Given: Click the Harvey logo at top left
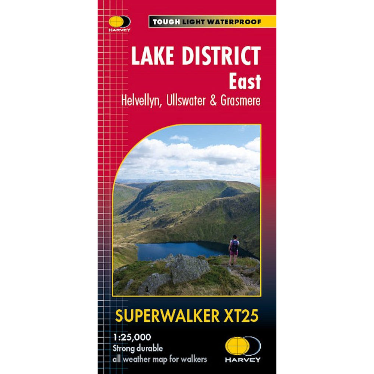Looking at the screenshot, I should (x=119, y=23).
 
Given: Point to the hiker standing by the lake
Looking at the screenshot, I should (x=234, y=250).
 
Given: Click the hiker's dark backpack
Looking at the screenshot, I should (x=234, y=246).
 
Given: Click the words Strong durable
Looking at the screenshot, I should (x=138, y=349).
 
